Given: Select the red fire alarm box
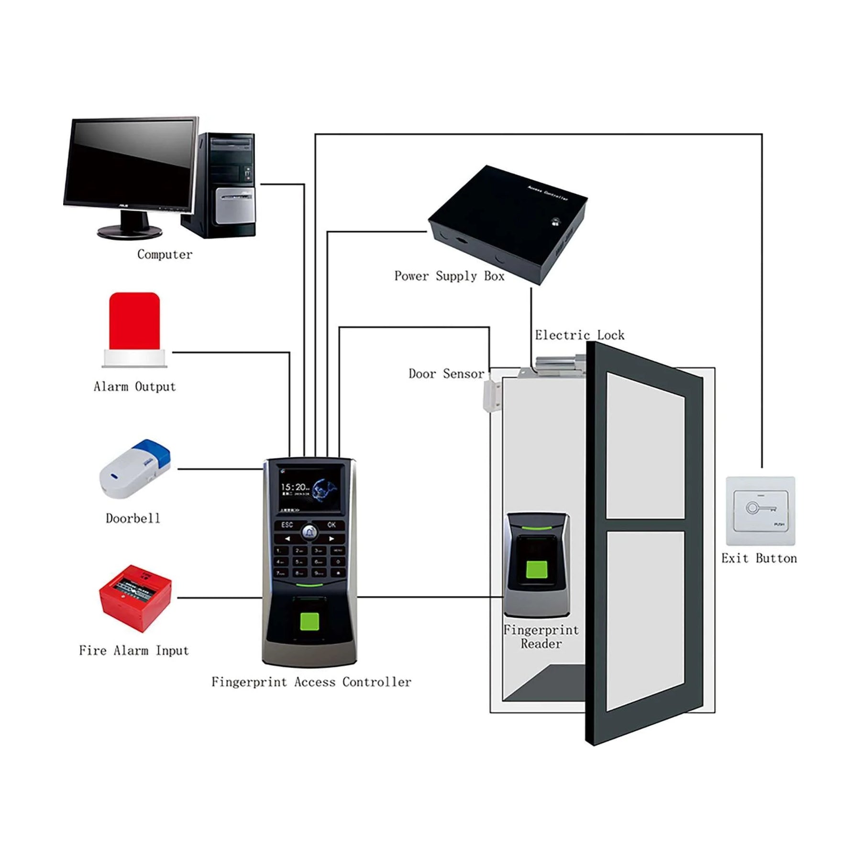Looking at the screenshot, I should (135, 598).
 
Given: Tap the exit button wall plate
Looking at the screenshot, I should (760, 511).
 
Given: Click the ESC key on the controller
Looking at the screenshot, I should (287, 525).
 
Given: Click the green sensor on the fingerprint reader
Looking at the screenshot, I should (537, 571).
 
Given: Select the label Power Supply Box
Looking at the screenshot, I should (449, 276).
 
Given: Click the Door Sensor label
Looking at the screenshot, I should (446, 374).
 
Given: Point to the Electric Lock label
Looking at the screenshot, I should (579, 335).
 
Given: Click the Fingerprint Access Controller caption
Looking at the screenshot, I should (311, 682).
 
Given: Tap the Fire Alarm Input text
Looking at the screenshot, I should (134, 651).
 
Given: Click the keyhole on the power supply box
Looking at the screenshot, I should (555, 221).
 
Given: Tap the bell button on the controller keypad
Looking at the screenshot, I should (309, 531).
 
